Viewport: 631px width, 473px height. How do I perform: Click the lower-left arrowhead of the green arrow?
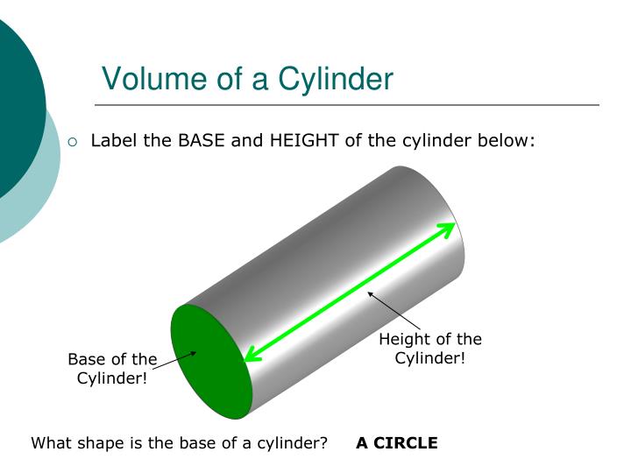coord(252,353)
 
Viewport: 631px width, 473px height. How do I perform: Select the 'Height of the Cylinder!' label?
coord(429,349)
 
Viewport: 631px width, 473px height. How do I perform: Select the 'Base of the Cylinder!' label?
coord(112,369)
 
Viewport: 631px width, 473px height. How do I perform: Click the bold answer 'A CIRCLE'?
coord(396,442)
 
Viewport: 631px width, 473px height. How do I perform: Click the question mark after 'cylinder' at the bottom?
coord(323,442)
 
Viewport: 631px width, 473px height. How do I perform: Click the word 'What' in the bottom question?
coord(50,442)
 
